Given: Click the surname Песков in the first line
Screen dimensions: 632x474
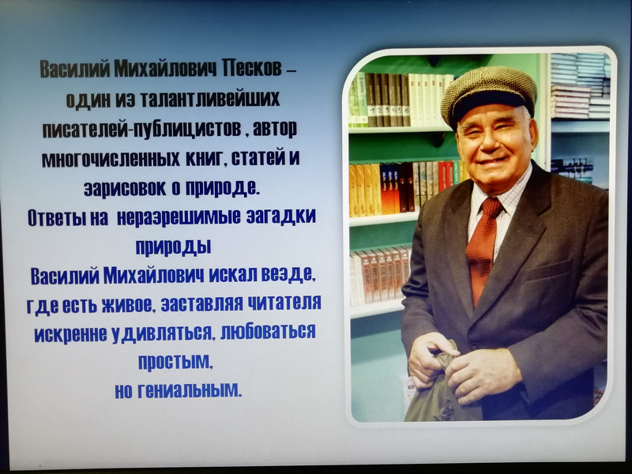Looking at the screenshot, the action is coord(251,68).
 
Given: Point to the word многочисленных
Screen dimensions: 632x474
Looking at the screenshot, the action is coord(111,159).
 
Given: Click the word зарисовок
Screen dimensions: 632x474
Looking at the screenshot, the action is coord(125,188).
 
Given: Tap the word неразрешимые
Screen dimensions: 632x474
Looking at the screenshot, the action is coord(179,217).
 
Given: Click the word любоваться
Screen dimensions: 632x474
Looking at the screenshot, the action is coord(268,332).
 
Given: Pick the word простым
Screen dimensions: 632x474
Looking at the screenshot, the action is coord(175,362).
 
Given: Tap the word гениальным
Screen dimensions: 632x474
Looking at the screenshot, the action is coord(190,390).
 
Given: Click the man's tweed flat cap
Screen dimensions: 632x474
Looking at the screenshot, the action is coord(488,94).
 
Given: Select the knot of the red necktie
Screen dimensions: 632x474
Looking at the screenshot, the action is coord(491,207).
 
